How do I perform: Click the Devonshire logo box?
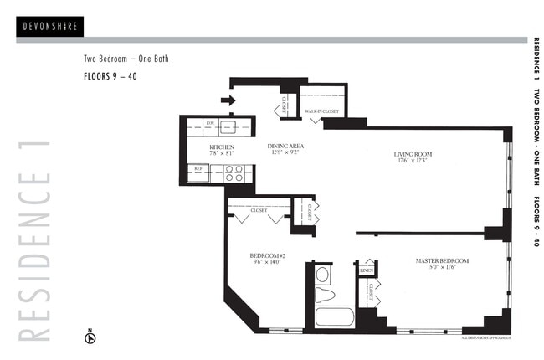pyautogui.click(x=49, y=26)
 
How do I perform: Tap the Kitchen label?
pyautogui.click(x=221, y=147)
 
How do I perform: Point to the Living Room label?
pyautogui.click(x=412, y=154)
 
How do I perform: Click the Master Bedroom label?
pyautogui.click(x=442, y=261)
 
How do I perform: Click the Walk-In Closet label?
pyautogui.click(x=321, y=110)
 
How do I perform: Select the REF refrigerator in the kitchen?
pyautogui.click(x=199, y=169)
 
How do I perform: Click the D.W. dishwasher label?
pyautogui.click(x=211, y=123)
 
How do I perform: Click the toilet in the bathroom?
pyautogui.click(x=323, y=294)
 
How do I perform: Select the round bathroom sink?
pyautogui.click(x=322, y=273)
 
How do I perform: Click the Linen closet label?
pyautogui.click(x=366, y=270)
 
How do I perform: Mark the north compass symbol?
pyautogui.click(x=91, y=338)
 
